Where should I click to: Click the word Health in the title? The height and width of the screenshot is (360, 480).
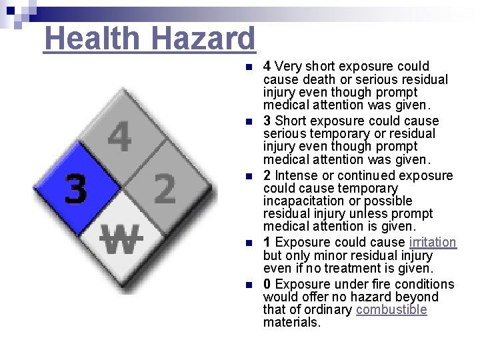(x=91, y=39)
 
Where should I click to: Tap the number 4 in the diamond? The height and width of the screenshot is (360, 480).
(x=119, y=139)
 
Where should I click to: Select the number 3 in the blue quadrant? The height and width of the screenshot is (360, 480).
(x=75, y=189)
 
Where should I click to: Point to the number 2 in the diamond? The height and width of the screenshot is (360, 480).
(x=165, y=189)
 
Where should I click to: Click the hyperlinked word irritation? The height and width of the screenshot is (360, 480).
(x=433, y=243)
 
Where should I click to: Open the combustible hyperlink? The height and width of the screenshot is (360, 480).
(x=391, y=310)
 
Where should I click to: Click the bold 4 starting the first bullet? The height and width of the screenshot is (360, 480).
(x=267, y=67)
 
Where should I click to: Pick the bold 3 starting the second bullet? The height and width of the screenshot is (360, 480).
(x=267, y=121)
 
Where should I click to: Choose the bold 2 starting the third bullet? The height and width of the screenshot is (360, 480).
(x=267, y=176)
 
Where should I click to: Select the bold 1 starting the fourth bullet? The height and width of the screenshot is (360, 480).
(x=267, y=243)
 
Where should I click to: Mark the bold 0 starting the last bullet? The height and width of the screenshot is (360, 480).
(x=267, y=285)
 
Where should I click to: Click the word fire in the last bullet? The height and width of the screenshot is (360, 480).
(x=365, y=285)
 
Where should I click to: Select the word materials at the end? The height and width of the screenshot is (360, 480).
(x=291, y=323)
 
